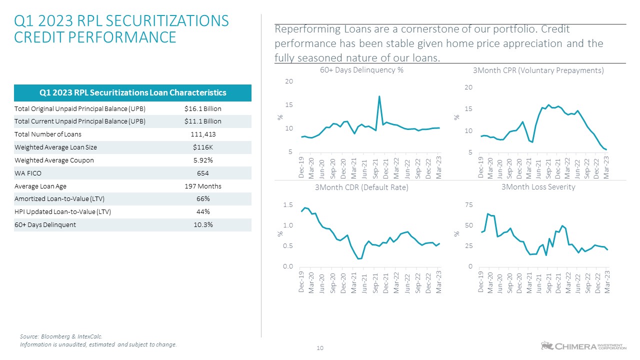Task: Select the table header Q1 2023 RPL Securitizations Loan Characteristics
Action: pos(132,92)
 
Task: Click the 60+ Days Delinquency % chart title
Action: pos(361,70)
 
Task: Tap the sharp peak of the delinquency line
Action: pos(379,96)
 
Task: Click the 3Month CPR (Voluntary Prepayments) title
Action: pos(538,71)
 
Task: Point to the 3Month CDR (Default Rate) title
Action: pos(361,187)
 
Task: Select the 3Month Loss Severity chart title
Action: pos(538,187)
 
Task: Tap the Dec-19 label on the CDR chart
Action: pos(301,282)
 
